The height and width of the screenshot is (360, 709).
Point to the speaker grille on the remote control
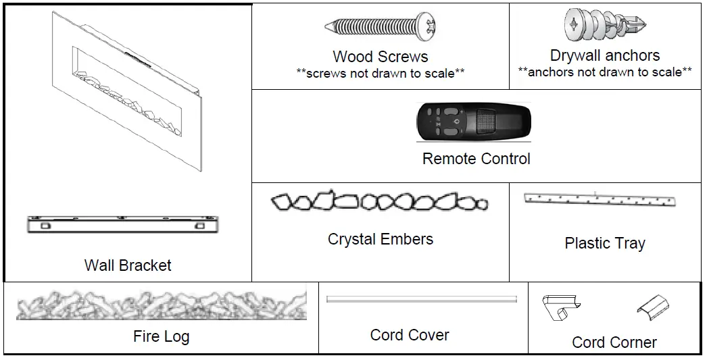coord(486,122)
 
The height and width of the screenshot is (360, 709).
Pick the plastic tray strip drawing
coord(600,200)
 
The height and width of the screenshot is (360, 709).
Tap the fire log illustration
coord(161,306)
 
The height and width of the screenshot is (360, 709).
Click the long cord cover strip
coord(421,299)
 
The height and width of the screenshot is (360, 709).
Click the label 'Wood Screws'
coord(381,57)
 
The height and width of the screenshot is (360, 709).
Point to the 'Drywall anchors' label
coord(605,55)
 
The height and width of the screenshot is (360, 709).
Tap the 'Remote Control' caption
coord(476,159)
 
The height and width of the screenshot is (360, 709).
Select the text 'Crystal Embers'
coord(381,239)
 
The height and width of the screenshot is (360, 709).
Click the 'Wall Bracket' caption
coord(128,265)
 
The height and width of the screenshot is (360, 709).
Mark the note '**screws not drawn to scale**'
coord(381,73)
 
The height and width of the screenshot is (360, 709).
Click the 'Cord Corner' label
coord(614,342)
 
